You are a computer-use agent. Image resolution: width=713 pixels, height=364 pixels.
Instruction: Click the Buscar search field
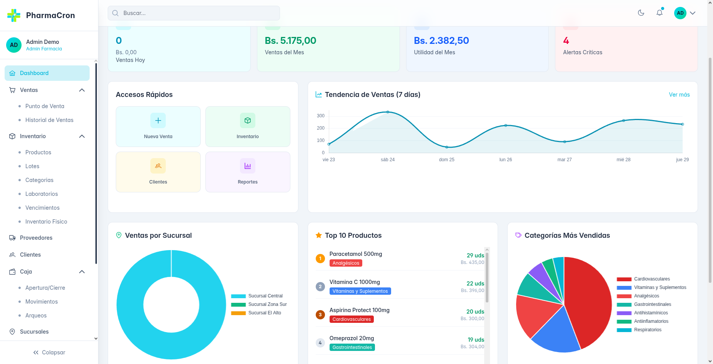(193, 13)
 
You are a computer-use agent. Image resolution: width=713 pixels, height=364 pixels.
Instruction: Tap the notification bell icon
(660, 13)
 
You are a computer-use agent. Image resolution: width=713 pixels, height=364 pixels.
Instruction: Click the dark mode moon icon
(641, 13)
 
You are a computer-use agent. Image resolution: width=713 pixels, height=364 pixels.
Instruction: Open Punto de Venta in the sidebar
(45, 106)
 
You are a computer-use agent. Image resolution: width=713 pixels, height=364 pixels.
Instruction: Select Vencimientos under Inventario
(42, 208)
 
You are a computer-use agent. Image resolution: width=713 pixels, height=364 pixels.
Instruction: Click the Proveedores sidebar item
(36, 238)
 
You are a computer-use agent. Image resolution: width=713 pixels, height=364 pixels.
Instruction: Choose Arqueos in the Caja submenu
(36, 316)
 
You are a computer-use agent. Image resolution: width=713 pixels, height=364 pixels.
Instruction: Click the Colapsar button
(49, 352)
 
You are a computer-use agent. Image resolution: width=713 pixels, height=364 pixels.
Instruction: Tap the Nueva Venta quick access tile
(158, 127)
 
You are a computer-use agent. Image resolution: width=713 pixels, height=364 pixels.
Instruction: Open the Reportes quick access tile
(248, 172)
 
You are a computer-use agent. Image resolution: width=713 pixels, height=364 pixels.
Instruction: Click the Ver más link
(679, 95)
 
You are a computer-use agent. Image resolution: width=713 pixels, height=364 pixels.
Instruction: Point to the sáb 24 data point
(388, 112)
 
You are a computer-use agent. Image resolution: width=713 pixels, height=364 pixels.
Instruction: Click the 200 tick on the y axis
(321, 128)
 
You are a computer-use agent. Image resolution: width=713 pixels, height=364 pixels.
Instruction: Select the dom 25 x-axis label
(446, 160)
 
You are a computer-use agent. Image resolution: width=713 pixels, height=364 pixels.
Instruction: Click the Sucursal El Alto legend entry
(265, 313)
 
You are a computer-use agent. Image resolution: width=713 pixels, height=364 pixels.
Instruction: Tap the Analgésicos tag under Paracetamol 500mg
(346, 263)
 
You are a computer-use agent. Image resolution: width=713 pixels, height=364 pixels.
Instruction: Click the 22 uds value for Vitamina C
(475, 284)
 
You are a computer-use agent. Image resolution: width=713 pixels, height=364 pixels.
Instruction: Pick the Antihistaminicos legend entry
(651, 313)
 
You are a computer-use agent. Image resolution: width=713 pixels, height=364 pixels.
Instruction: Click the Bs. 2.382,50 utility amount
(441, 41)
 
